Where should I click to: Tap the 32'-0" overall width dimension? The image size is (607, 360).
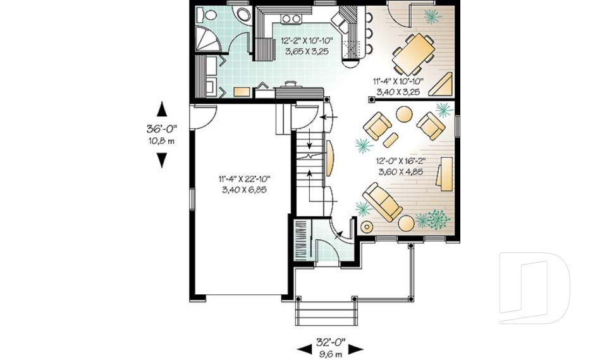click(x=329, y=342)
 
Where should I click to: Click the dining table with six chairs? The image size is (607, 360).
click(x=414, y=53)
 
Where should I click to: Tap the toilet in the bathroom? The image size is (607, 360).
click(x=209, y=14)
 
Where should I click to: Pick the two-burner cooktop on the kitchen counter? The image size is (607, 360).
click(x=291, y=18)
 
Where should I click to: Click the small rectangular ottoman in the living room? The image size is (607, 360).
click(x=391, y=139)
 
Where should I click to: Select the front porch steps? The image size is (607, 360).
click(x=326, y=313)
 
